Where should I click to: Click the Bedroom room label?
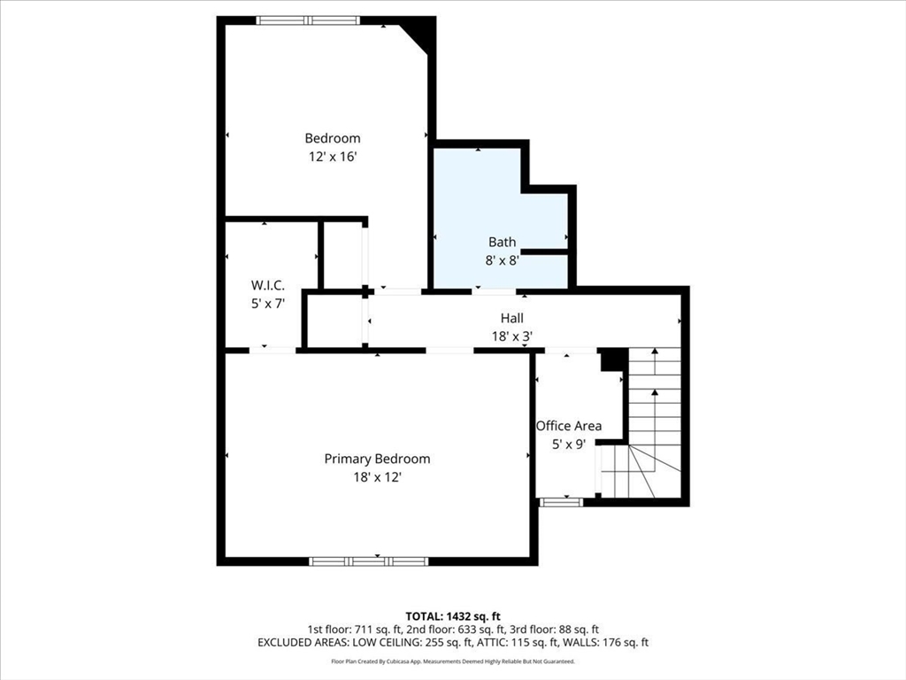point(333,138)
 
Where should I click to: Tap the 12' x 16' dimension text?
point(333,157)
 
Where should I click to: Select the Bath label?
point(503,242)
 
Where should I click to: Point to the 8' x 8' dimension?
point(503,260)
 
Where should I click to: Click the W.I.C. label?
point(267,285)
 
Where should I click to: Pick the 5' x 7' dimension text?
point(267,304)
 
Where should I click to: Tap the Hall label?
point(512,318)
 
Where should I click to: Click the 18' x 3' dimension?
point(512,336)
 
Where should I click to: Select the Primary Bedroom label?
point(377,459)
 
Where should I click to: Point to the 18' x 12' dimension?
point(377,477)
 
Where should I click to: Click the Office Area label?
point(569,426)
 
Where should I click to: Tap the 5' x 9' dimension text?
point(569,444)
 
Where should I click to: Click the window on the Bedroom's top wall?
point(308,20)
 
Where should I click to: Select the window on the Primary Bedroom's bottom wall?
point(369,560)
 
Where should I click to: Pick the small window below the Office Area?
point(561,502)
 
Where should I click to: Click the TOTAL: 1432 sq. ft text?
point(452,616)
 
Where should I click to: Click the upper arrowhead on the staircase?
point(655,351)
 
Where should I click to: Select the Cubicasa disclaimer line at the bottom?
point(452,661)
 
